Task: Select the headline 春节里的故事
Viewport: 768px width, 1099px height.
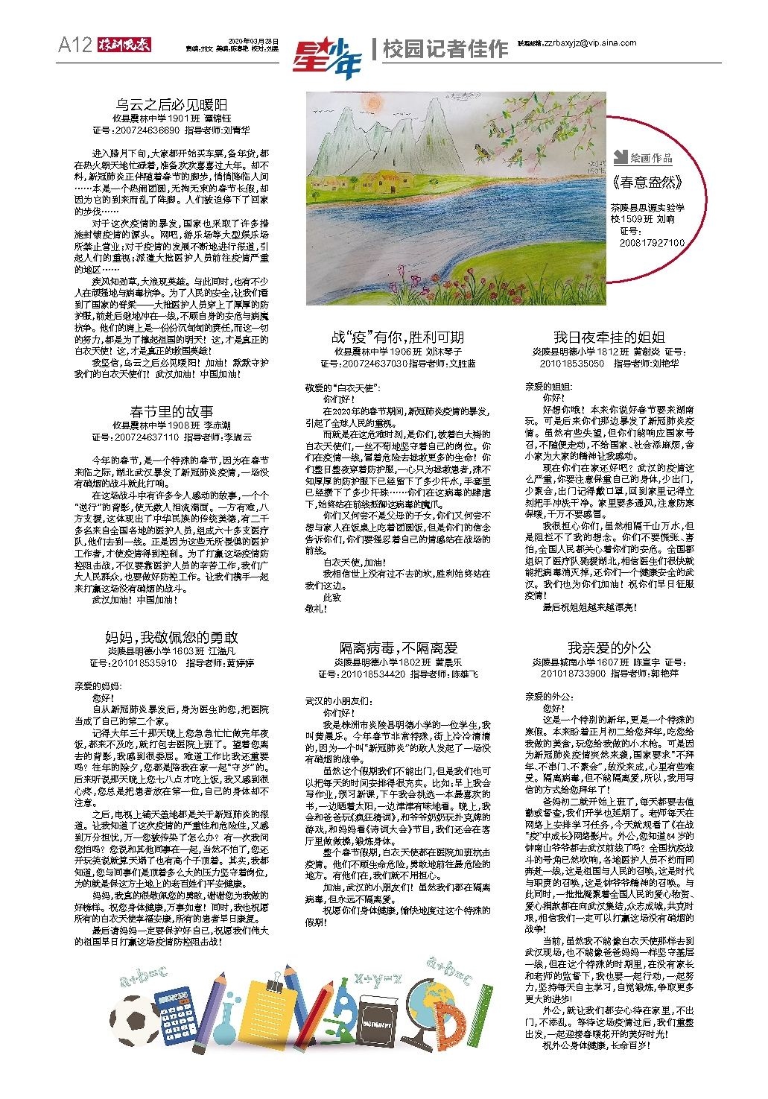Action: coord(171,411)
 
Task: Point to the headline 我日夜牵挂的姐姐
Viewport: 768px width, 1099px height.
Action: coord(609,337)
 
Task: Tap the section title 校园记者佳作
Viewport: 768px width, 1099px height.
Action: coord(445,49)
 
